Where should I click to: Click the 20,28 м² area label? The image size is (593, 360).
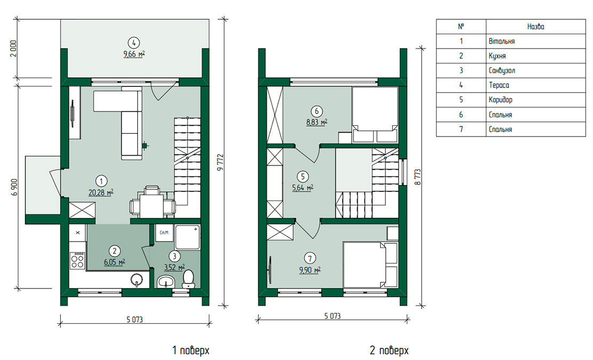tap(101, 193)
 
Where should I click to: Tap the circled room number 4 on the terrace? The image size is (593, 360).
tap(134, 43)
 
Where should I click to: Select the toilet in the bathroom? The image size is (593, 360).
tap(188, 279)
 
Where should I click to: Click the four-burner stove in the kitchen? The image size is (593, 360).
tap(77, 260)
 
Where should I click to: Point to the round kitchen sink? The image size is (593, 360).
tap(137, 280)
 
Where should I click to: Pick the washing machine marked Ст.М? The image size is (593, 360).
tap(164, 233)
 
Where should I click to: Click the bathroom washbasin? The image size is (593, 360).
tap(165, 282)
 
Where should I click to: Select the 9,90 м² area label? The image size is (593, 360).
tap(310, 270)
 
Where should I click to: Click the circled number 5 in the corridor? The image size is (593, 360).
tap(303, 177)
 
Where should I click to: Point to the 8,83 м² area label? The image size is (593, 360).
tap(317, 122)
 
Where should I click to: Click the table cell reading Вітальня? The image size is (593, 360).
tap(535, 41)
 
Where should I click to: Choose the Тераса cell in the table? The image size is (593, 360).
tap(535, 85)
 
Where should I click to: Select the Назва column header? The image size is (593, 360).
tap(535, 27)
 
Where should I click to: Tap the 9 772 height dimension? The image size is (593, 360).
tap(220, 162)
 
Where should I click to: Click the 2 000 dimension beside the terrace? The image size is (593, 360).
tap(14, 49)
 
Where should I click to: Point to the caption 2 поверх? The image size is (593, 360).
tap(389, 350)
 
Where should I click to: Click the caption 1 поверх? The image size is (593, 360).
tap(191, 350)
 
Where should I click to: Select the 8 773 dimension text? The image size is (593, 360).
tap(417, 177)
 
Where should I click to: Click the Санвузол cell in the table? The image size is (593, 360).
tap(535, 70)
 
